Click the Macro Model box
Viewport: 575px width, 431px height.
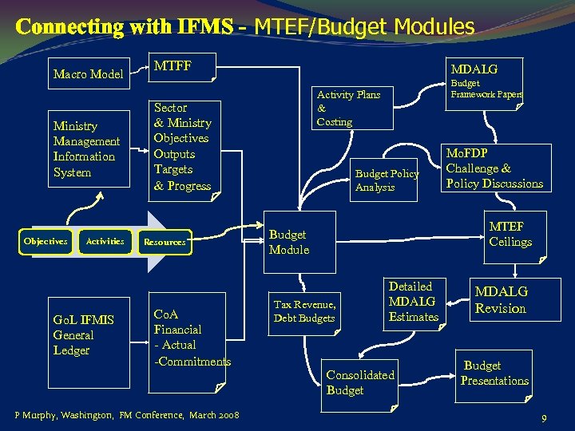(x=88, y=74)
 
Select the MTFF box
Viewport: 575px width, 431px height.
(x=183, y=68)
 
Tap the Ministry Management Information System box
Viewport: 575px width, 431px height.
(x=86, y=148)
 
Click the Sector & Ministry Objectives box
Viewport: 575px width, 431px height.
(x=183, y=147)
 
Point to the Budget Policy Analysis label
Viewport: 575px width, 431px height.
(x=387, y=180)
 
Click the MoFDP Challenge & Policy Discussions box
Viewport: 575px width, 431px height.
(x=495, y=168)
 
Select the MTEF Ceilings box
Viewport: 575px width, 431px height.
(x=510, y=235)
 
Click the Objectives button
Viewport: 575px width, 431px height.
(x=46, y=241)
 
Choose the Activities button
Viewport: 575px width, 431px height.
(x=105, y=241)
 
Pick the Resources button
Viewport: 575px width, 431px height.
(x=164, y=242)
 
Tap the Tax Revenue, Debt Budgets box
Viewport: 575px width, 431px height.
(x=304, y=311)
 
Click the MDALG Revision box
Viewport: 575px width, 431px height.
(x=501, y=301)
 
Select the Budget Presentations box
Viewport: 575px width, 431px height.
(x=494, y=374)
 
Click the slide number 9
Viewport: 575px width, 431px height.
(x=544, y=417)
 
